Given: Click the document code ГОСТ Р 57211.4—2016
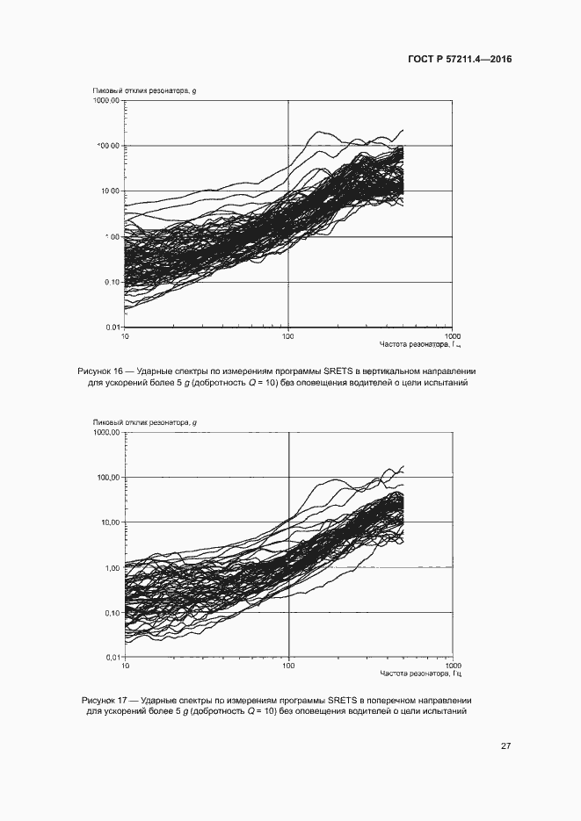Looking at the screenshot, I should (460, 60).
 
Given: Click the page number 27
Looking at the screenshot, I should (506, 746).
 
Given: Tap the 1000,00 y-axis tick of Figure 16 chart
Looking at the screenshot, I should (106, 101).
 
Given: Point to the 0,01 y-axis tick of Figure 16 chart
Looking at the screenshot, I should (112, 328).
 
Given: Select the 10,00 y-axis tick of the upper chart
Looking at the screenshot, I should (109, 191).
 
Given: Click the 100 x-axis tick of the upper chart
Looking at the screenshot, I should (288, 336).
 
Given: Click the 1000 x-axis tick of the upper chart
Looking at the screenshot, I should (452, 336).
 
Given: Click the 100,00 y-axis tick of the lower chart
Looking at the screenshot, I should (109, 478).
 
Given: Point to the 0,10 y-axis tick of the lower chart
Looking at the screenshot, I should (112, 613).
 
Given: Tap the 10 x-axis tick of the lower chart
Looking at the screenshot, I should (126, 666).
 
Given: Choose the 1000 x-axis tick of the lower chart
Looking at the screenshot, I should (452, 666).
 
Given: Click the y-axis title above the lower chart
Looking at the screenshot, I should (144, 423).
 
